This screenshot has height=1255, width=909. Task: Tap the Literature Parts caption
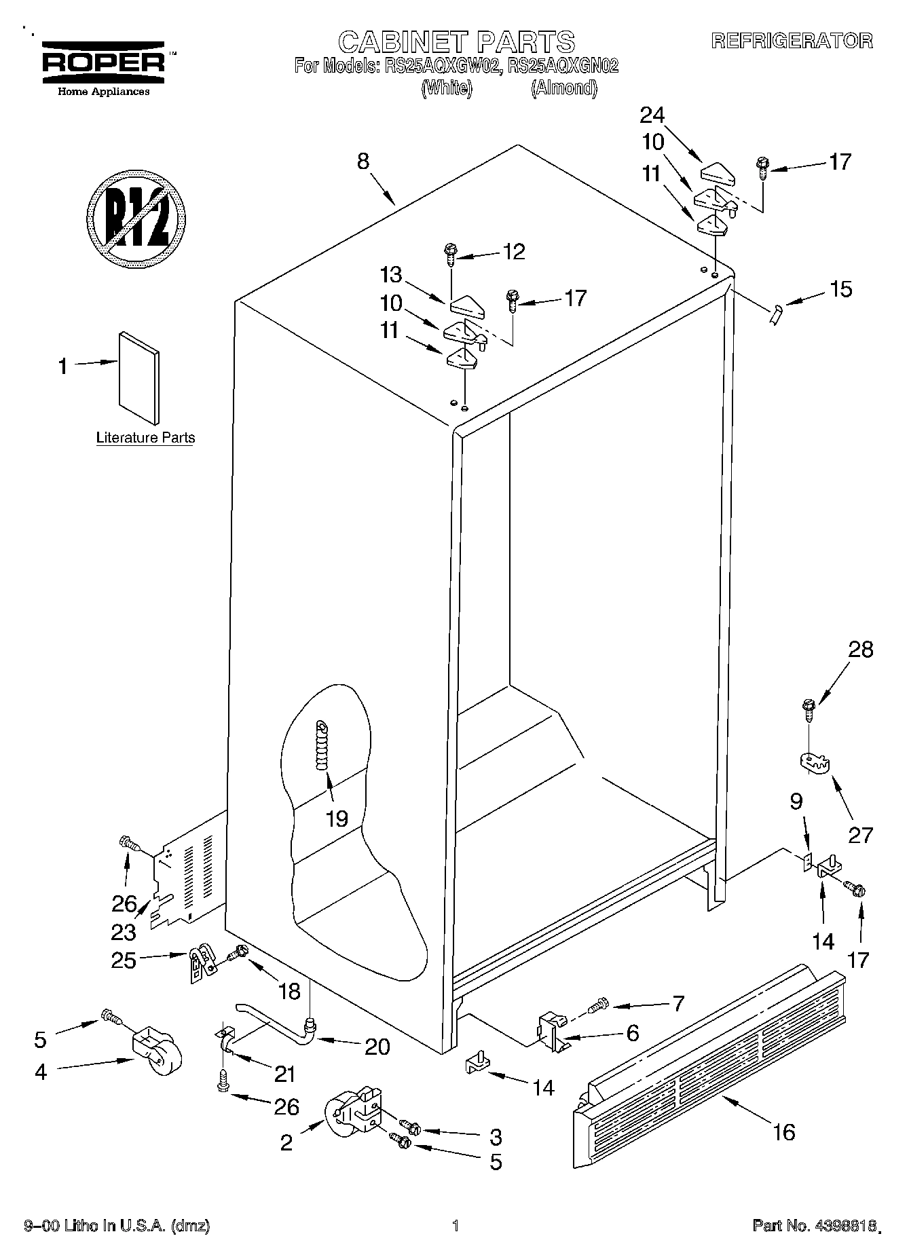145,438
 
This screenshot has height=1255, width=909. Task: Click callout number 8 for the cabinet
363,162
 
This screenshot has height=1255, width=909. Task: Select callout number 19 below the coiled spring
337,818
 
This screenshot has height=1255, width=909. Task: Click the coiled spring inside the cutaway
321,745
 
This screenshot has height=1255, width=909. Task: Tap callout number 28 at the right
860,650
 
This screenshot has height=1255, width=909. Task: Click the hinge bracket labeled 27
814,762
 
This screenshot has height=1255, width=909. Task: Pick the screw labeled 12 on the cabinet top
449,255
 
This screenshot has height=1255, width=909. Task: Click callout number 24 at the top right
652,115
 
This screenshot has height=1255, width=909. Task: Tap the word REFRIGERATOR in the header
792,41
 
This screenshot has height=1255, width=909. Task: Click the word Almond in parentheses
563,88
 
